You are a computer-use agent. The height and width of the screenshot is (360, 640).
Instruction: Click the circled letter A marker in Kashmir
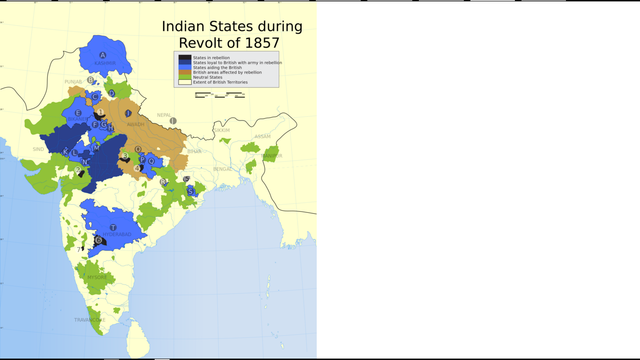(x=102, y=54)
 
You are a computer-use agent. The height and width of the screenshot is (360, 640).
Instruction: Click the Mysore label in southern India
(x=95, y=277)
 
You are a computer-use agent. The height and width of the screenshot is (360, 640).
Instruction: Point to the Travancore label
(x=88, y=319)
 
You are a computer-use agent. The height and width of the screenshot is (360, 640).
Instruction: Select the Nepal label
(x=164, y=115)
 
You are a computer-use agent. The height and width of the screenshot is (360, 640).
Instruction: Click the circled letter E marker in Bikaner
(x=78, y=113)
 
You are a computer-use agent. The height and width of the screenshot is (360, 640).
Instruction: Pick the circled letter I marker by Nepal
(x=173, y=121)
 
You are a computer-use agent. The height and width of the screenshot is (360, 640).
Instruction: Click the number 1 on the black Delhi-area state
(x=100, y=113)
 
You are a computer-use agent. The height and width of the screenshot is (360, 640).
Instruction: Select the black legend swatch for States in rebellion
(x=183, y=58)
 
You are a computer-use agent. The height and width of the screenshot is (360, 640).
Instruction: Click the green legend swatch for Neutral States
(x=183, y=77)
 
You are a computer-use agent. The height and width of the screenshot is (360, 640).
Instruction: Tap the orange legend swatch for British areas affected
(x=183, y=72)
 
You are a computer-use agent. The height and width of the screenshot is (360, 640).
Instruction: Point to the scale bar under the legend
(x=219, y=95)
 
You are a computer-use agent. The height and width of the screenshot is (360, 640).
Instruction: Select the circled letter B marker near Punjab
(x=91, y=80)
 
